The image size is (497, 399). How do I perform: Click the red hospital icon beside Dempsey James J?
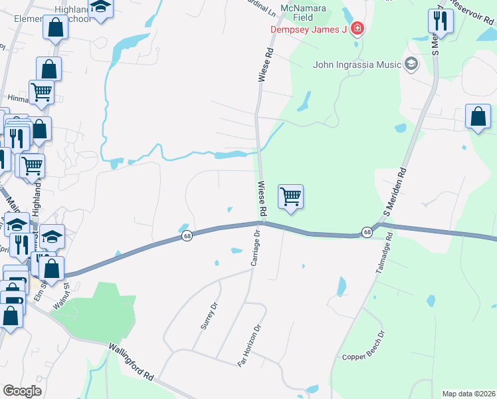(357, 29)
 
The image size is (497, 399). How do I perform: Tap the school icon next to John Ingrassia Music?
(411, 65)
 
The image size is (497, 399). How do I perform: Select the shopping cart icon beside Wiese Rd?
(291, 197)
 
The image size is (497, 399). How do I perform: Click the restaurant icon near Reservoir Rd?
(441, 21)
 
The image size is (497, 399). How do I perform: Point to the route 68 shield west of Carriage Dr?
(188, 236)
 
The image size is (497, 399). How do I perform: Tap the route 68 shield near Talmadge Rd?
(367, 232)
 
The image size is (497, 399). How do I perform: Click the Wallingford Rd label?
(132, 362)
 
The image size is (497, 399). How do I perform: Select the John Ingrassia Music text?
(357, 65)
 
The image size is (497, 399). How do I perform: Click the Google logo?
(22, 391)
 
